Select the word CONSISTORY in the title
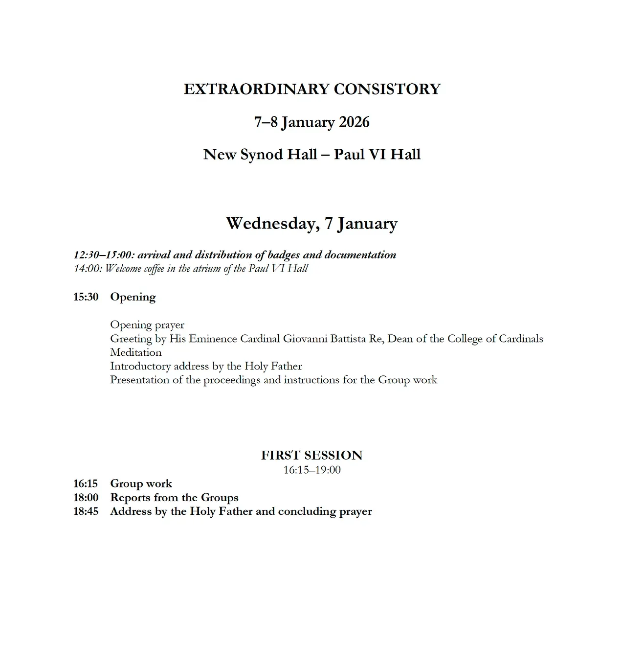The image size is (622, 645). [x=387, y=89]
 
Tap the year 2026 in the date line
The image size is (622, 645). [x=354, y=122]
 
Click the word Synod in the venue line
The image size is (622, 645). [x=260, y=155]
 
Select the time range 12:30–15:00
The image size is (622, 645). [x=103, y=255]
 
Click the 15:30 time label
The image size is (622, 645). [x=86, y=297]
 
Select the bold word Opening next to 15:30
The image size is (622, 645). [x=133, y=297]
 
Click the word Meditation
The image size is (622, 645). [x=136, y=352]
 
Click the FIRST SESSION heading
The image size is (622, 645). [x=312, y=455]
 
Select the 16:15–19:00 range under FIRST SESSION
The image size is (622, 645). [x=312, y=470]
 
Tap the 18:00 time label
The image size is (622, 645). [x=86, y=498]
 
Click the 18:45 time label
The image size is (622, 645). [x=86, y=511]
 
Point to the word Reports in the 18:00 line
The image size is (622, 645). [x=129, y=498]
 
